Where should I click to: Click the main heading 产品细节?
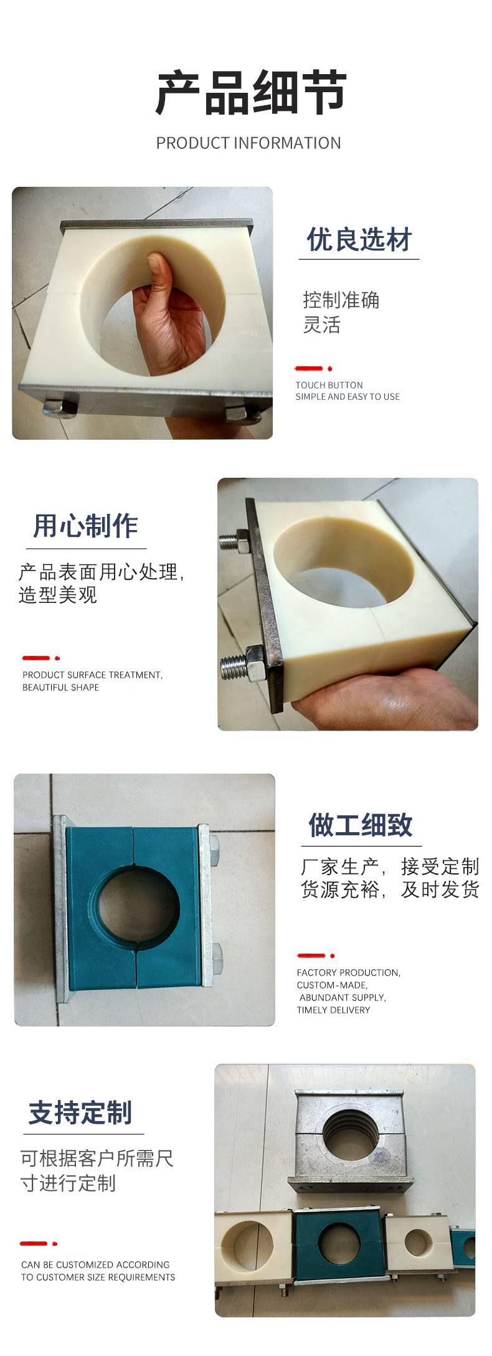250,93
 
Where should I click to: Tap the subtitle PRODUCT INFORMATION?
248,143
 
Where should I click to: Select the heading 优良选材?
359,240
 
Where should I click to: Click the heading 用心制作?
85,526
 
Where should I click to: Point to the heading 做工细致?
361,825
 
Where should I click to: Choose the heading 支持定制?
80,1112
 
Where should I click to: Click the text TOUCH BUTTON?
329,385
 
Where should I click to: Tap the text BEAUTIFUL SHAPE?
60,687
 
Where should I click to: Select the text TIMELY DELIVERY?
333,1010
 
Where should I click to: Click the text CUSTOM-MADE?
332,985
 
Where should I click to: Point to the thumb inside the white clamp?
159,274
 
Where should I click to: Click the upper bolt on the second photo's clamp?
236,539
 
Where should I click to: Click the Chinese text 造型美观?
58,595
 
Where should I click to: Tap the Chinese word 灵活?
321,325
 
